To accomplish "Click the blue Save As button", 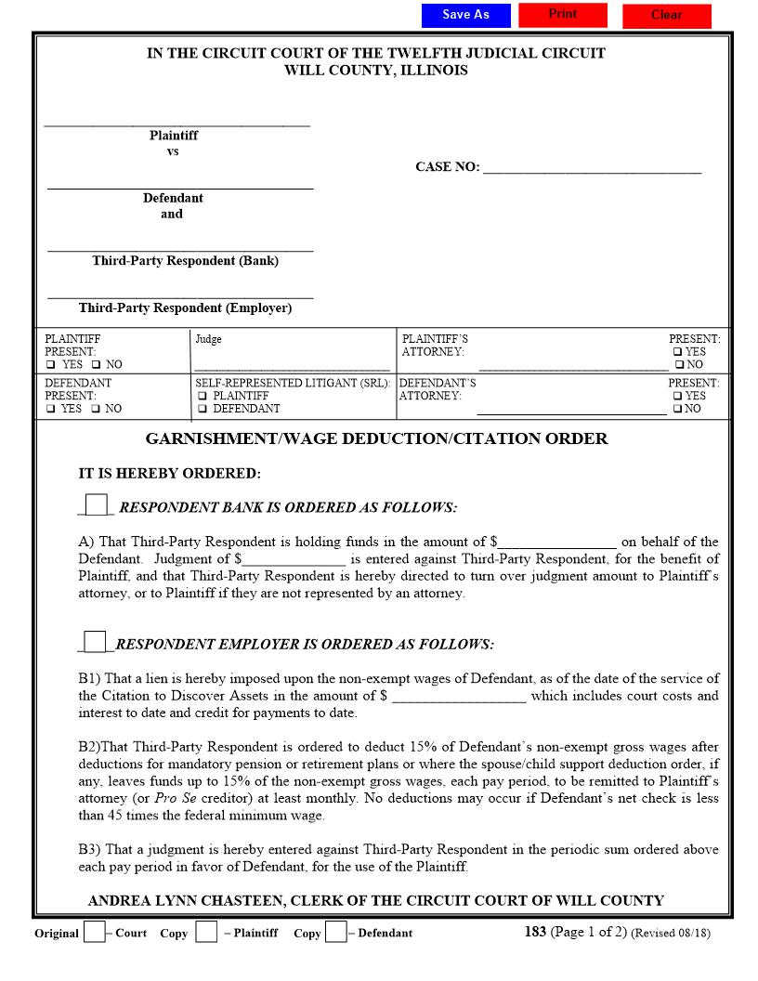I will click(x=465, y=15).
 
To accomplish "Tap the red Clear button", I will click(x=666, y=16).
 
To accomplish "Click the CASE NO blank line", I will click(x=592, y=168).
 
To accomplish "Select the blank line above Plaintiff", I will click(x=176, y=121).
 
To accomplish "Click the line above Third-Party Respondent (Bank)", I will click(x=180, y=247).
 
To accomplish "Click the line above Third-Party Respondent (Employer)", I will click(x=180, y=294).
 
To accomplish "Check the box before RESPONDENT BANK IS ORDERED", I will click(x=96, y=504).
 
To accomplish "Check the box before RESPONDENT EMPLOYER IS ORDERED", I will click(x=95, y=642).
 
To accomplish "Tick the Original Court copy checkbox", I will click(x=94, y=932).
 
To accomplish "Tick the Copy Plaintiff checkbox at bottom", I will click(x=206, y=932).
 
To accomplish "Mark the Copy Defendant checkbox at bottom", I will click(x=335, y=932).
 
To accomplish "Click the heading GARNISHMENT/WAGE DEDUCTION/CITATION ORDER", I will click(x=376, y=438).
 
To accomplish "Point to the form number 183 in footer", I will click(x=535, y=932).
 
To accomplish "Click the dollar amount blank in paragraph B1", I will click(x=459, y=697).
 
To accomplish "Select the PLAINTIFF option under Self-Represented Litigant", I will click(x=202, y=396).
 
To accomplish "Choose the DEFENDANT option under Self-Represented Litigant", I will click(x=202, y=409).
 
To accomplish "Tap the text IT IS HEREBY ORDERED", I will click(x=169, y=473).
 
